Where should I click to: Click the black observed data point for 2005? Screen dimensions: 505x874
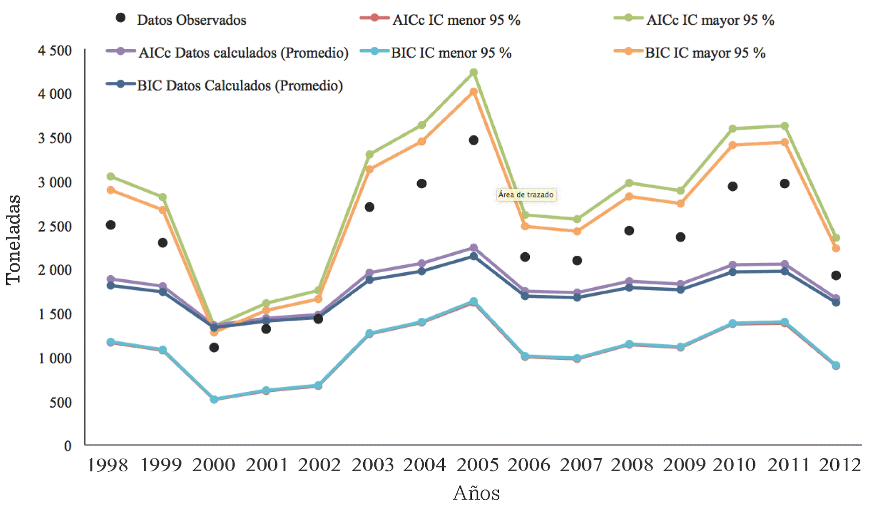point(474,140)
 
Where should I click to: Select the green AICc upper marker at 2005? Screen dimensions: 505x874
point(474,73)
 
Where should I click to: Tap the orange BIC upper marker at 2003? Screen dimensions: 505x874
point(370,169)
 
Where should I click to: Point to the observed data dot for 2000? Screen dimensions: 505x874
point(214,347)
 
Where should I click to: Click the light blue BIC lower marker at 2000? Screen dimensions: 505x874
point(214,399)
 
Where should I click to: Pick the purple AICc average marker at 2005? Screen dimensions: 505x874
point(474,248)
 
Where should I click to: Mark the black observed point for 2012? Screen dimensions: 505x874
point(836,276)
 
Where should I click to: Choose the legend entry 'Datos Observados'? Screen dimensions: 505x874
point(191,20)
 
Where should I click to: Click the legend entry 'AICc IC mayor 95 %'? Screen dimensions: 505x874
point(710,20)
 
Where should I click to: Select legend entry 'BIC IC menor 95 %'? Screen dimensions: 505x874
point(451,53)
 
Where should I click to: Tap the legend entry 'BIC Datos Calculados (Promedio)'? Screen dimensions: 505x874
point(239,85)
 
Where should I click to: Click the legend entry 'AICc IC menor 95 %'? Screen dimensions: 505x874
point(456,20)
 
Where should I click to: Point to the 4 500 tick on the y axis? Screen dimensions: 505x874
point(55,50)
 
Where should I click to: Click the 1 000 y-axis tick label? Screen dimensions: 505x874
point(55,358)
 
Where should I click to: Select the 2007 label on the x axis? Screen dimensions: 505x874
point(581,465)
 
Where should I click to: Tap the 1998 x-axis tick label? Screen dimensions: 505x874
point(108,465)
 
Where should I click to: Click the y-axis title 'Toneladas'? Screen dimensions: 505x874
point(13,239)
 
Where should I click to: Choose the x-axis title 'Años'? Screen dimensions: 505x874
point(476,493)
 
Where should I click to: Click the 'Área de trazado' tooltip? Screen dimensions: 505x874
point(526,195)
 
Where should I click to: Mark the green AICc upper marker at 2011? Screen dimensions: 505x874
point(785,126)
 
